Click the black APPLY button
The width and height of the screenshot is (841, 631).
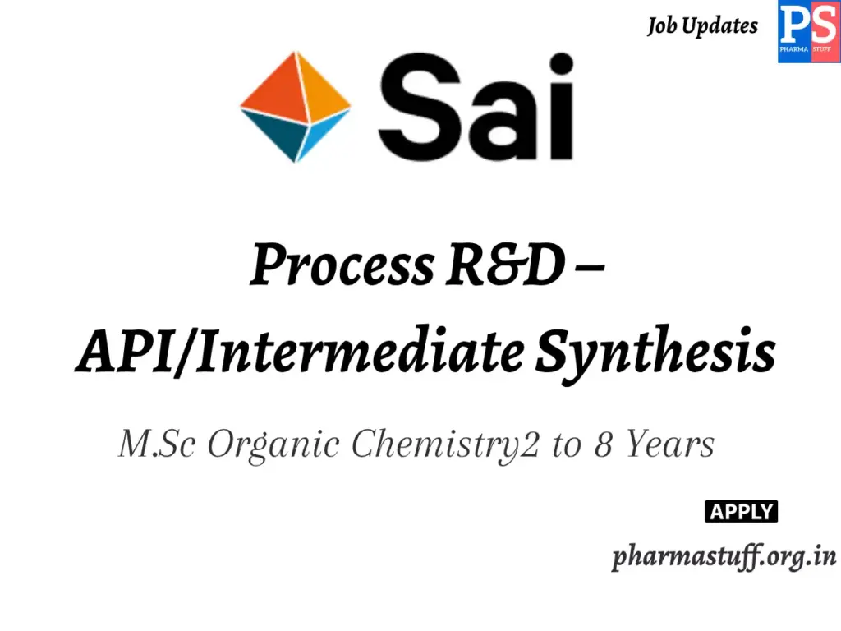click(x=741, y=512)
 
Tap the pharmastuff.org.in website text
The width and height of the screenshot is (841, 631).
click(x=724, y=557)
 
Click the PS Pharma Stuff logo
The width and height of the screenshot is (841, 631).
click(x=808, y=32)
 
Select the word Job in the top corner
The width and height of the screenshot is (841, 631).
click(x=663, y=25)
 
